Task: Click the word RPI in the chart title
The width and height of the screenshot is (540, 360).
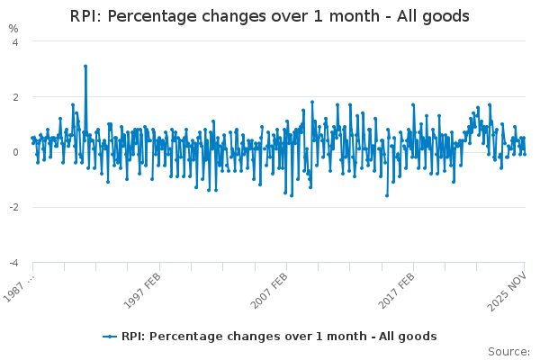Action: click(x=86, y=17)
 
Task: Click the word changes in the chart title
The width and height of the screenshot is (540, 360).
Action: click(x=237, y=17)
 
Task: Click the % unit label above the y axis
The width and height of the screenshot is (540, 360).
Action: click(x=13, y=29)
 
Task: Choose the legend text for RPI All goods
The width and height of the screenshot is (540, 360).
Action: click(x=279, y=337)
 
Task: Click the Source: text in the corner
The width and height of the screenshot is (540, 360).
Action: click(x=508, y=351)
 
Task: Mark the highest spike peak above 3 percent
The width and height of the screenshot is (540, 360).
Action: click(x=85, y=66)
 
